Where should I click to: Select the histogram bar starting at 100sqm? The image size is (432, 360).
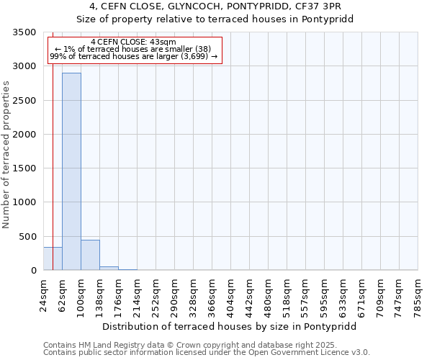pyautogui.click(x=90, y=255)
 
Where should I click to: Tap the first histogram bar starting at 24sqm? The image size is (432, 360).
pyautogui.click(x=53, y=258)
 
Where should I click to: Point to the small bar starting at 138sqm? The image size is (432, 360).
pyautogui.click(x=109, y=268)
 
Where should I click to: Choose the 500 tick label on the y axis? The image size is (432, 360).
pyautogui.click(x=29, y=237)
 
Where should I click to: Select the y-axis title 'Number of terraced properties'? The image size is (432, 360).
pyautogui.click(x=7, y=155)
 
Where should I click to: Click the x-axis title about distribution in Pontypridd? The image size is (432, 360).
pyautogui.click(x=229, y=326)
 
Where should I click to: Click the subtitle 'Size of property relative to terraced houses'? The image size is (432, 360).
pyautogui.click(x=215, y=19)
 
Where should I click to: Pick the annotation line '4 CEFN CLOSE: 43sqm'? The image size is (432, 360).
pyautogui.click(x=134, y=42)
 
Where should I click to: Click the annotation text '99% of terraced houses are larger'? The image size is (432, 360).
pyautogui.click(x=134, y=57)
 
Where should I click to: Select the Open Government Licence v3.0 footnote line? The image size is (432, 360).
pyautogui.click(x=207, y=353)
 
